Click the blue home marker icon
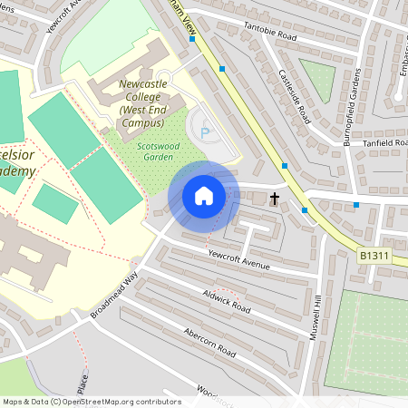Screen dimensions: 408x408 tap(203, 196)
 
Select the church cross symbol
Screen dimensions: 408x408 tap(274, 197)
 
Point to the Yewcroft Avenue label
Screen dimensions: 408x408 tap(239, 259)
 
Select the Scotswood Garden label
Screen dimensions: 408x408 tap(145, 151)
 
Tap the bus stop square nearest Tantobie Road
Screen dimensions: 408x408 tap(221, 68)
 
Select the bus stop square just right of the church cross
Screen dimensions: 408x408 tap(305, 210)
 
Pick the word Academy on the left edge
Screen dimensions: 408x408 tap(18, 171)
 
